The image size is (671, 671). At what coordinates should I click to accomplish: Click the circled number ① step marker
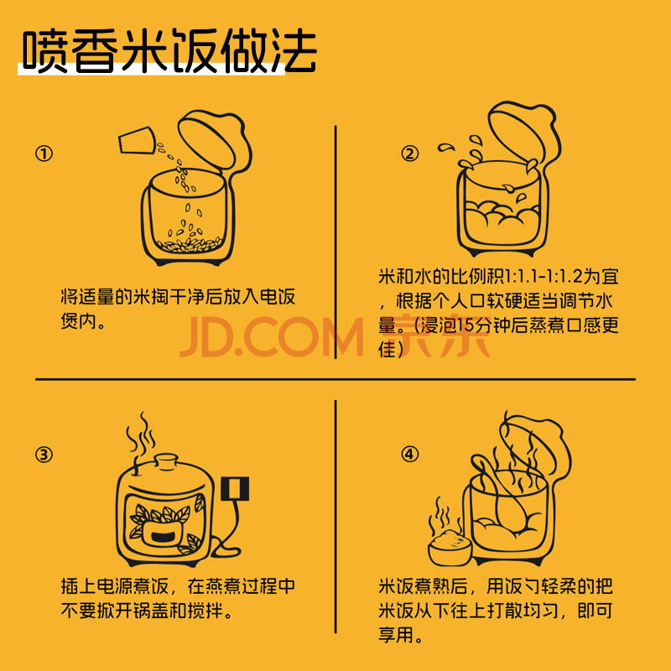coord(44,153)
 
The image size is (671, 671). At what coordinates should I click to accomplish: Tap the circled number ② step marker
coord(409,153)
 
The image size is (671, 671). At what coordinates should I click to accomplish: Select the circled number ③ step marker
coord(44,455)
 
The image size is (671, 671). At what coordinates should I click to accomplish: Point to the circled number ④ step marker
coord(409,455)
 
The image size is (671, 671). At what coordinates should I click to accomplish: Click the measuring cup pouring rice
coord(137,140)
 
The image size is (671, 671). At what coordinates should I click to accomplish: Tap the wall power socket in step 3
coord(235,489)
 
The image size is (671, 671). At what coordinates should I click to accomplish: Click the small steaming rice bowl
coord(450,547)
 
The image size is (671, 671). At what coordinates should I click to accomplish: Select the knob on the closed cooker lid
coord(166,463)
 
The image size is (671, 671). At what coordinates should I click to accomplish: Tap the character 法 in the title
coord(294,51)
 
